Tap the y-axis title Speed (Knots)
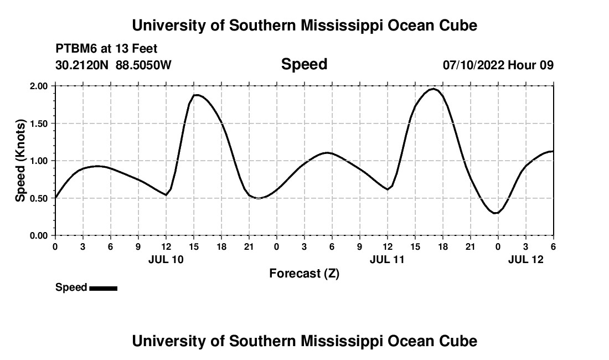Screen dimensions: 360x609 20,161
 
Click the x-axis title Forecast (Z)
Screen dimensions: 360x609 304,273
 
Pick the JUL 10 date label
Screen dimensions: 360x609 166,259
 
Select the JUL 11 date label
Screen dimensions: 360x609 388,259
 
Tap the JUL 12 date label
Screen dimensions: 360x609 526,259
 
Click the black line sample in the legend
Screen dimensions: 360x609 103,288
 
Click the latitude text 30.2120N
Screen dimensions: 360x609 83,65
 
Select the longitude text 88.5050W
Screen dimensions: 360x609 143,65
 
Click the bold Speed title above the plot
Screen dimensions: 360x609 304,64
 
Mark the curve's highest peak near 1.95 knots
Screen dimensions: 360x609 434,89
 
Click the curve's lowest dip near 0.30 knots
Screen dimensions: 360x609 497,213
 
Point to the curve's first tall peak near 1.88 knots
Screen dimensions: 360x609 196,95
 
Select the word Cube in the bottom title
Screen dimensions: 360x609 461,341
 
